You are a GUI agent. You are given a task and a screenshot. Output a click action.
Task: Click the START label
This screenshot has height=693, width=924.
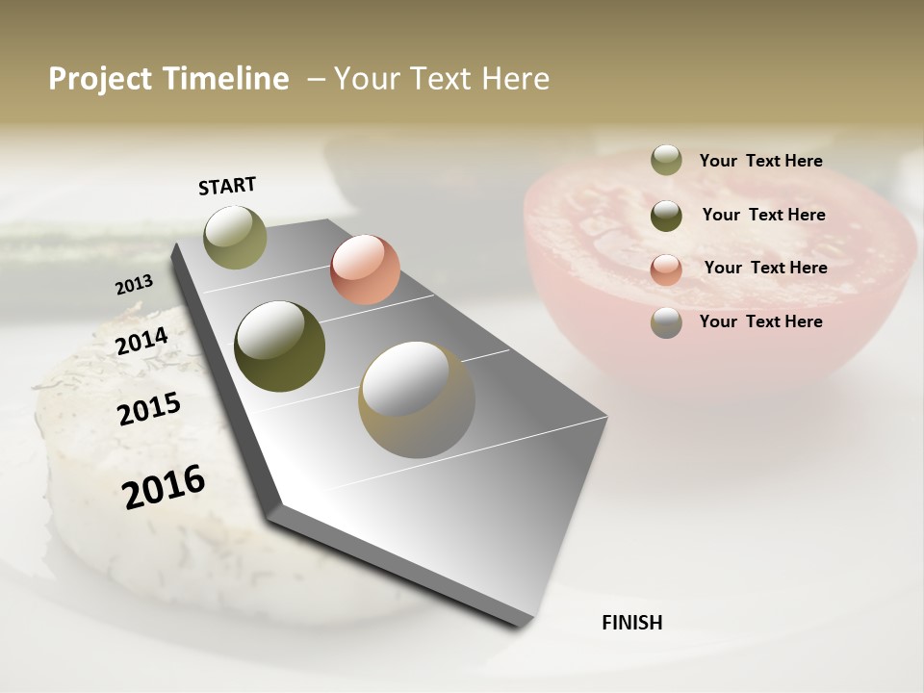(x=227, y=186)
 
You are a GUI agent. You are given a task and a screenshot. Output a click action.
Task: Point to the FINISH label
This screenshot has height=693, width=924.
(x=632, y=623)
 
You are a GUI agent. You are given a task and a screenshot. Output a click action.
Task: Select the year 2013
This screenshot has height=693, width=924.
(x=134, y=285)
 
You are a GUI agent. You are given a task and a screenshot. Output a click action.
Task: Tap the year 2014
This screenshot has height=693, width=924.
(x=141, y=341)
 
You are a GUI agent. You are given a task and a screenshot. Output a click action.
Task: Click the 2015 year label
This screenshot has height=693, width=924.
(x=149, y=409)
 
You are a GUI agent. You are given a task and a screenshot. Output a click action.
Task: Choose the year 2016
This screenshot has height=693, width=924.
(x=164, y=486)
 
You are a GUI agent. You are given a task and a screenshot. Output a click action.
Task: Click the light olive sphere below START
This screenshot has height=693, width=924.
(x=235, y=237)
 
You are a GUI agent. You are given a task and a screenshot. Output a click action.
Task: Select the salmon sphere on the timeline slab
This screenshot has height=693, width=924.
(x=365, y=269)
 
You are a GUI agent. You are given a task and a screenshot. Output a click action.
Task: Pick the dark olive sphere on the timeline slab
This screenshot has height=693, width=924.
(x=280, y=346)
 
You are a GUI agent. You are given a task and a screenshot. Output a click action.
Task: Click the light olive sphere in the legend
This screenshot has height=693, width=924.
(x=666, y=160)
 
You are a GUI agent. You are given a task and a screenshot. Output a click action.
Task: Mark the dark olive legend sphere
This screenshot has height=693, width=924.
(x=666, y=216)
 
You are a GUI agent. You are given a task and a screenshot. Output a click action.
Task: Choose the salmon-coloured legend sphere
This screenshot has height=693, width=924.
(x=666, y=269)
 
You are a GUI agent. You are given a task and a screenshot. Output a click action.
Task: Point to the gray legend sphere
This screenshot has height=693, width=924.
(x=666, y=322)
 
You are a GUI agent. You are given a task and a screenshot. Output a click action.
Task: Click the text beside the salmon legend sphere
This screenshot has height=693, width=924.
(x=765, y=268)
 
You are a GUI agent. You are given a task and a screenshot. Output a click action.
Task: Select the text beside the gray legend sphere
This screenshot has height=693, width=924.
(x=760, y=321)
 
